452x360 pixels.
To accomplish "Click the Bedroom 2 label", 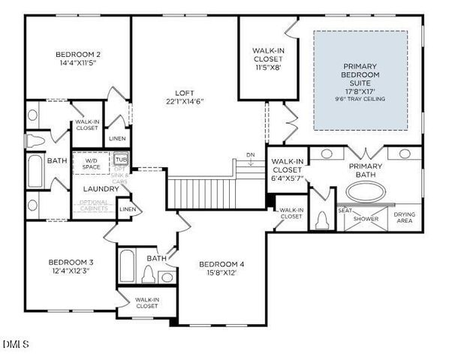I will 78,54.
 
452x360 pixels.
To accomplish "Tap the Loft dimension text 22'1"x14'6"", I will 185,101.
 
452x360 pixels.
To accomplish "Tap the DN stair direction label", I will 251,155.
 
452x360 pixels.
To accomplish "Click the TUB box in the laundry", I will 121,160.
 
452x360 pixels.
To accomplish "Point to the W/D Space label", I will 92,163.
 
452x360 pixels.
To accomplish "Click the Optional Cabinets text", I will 95,205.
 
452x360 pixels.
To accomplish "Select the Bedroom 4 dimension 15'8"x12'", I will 221,273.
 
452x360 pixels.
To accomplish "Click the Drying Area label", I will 405,218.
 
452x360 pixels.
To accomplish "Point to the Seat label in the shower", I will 345,210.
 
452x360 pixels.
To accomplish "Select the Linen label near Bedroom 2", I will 117,138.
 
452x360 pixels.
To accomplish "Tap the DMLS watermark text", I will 16,345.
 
